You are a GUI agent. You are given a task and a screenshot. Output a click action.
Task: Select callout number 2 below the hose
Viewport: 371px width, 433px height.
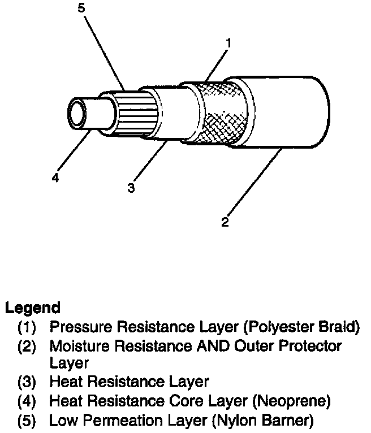tap(225, 222)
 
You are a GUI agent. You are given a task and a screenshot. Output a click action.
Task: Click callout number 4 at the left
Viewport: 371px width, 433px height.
tap(55, 178)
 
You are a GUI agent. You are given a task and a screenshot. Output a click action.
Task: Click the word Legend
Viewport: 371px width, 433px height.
tap(32, 309)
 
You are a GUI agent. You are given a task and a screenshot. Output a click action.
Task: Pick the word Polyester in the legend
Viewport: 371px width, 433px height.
tap(266, 327)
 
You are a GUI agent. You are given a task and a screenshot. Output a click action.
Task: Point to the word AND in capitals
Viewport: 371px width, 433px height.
tap(208, 346)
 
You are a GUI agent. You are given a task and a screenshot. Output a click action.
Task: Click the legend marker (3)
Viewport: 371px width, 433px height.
tap(27, 383)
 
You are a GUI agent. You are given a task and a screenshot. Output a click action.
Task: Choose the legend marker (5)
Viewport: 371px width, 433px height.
tap(27, 421)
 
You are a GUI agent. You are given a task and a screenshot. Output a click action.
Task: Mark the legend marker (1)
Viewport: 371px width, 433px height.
tap(27, 327)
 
